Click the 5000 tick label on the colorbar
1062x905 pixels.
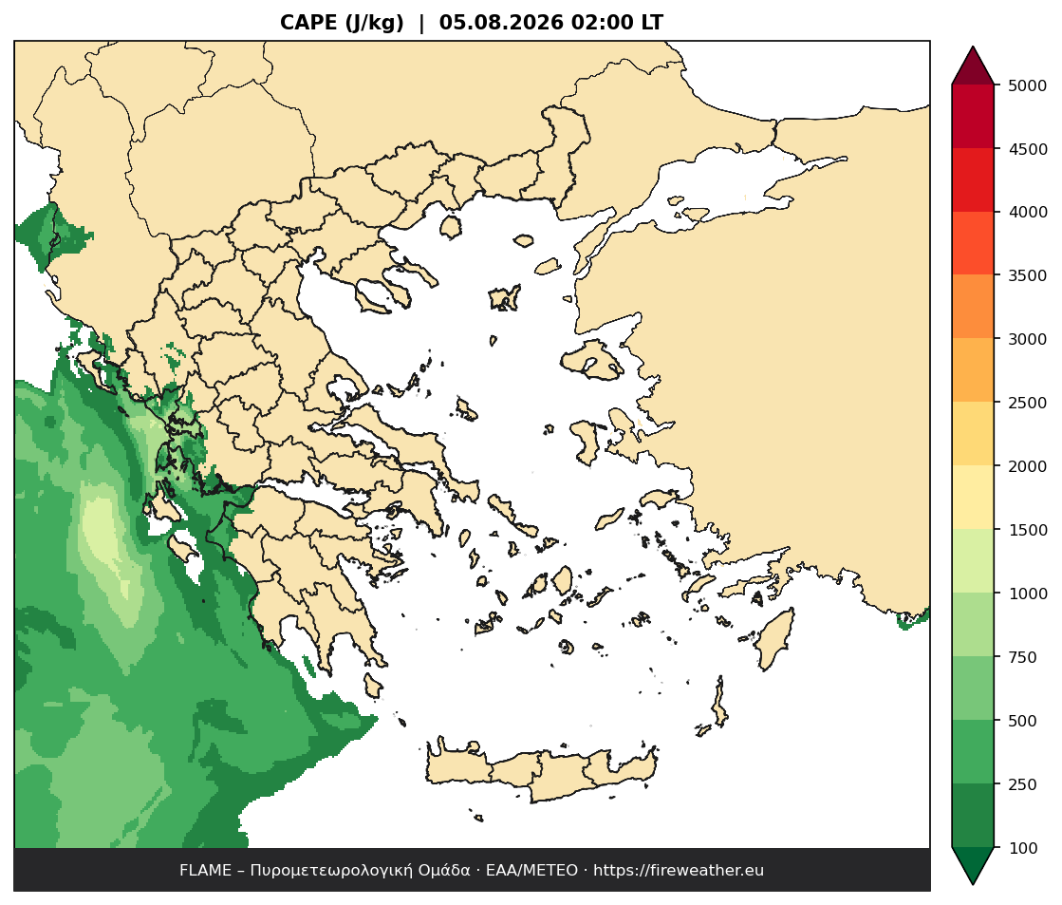pos(1028,85)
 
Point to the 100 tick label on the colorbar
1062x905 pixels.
pos(1023,848)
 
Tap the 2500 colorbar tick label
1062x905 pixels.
pos(1028,403)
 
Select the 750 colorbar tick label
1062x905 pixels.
pos(1023,657)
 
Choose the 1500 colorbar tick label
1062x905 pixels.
pos(1028,530)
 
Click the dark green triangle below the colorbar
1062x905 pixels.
pos(974,864)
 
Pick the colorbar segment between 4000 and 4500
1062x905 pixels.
pos(974,180)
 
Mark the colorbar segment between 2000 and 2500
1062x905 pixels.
pos(974,434)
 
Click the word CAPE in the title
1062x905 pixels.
pos(309,23)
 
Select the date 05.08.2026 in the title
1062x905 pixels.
pos(501,23)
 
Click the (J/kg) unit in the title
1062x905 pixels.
pos(375,23)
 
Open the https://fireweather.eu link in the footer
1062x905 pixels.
pos(679,871)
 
